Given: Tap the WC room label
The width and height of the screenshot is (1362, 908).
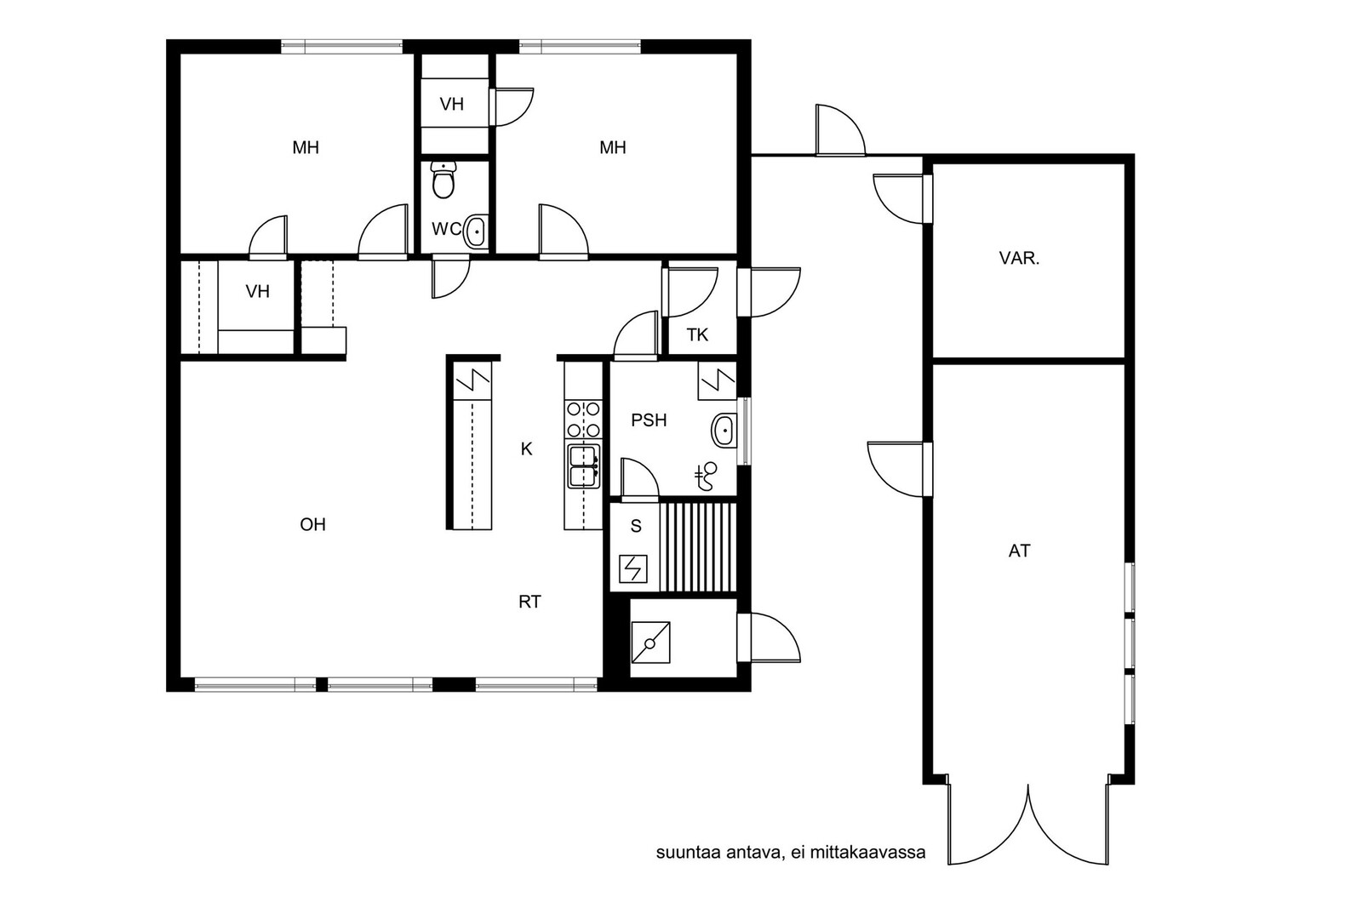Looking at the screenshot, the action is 446,229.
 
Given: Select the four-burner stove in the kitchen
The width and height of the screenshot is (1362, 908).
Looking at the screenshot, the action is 583,420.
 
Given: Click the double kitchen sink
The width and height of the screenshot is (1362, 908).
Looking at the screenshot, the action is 583,466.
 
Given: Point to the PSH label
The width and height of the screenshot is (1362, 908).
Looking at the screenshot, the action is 649,420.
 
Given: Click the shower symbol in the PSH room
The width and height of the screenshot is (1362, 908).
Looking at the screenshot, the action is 707,476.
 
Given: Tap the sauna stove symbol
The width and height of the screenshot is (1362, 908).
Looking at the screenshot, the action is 633,569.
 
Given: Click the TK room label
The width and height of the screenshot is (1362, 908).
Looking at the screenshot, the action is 697,335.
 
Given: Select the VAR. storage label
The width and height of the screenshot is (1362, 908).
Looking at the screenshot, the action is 1019,259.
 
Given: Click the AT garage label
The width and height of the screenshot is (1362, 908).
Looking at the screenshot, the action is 1020,551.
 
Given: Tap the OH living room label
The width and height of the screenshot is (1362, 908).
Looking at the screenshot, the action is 312,524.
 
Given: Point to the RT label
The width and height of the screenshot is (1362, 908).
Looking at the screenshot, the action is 529,602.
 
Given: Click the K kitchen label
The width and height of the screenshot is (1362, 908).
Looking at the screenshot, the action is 527,449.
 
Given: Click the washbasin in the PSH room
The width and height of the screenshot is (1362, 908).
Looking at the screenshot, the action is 724,431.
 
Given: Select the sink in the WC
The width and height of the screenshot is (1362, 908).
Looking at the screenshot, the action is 476,231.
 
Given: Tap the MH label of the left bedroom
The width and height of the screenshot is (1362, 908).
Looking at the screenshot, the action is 306,148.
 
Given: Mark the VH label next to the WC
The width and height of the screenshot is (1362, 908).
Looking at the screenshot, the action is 452,105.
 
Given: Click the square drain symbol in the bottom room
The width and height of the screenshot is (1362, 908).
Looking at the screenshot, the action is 650,642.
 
